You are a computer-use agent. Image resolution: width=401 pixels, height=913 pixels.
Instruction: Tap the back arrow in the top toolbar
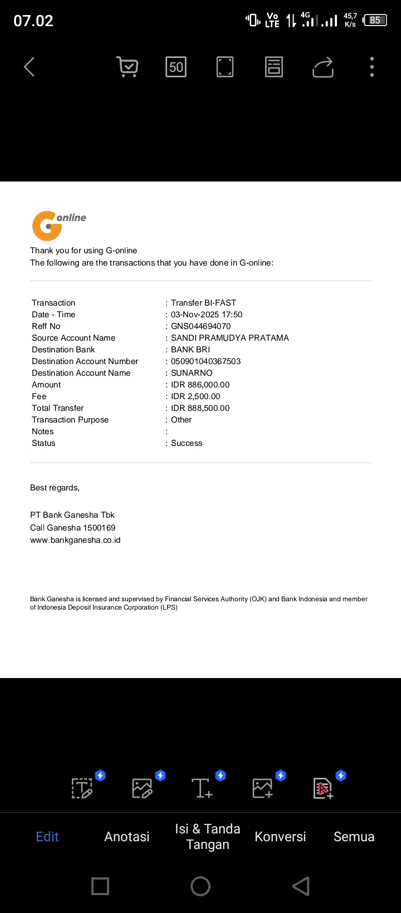pyautogui.click(x=30, y=67)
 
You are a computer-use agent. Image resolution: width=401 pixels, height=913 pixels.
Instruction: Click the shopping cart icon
pyautogui.click(x=128, y=67)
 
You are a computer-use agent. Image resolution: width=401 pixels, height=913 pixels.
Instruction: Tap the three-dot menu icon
pyautogui.click(x=372, y=67)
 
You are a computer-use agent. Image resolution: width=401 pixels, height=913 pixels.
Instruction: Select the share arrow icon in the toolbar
pyautogui.click(x=323, y=67)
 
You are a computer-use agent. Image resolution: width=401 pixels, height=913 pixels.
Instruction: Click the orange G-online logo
pyautogui.click(x=58, y=225)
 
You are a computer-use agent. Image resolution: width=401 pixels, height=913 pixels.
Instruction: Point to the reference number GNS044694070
pyautogui.click(x=200, y=326)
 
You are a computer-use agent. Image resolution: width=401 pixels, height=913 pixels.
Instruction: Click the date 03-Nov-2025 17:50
pyautogui.click(x=207, y=315)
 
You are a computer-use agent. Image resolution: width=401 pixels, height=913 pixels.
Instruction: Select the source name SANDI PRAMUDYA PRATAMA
pyautogui.click(x=229, y=338)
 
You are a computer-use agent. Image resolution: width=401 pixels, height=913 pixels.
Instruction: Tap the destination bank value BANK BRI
pyautogui.click(x=190, y=350)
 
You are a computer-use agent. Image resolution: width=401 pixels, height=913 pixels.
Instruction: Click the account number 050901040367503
pyautogui.click(x=206, y=361)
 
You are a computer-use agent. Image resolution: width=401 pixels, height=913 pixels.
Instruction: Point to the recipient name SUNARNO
pyautogui.click(x=192, y=373)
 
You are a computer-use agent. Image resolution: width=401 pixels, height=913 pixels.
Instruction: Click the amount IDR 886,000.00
pyautogui.click(x=200, y=385)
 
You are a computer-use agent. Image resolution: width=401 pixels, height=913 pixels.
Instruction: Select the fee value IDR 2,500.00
pyautogui.click(x=195, y=396)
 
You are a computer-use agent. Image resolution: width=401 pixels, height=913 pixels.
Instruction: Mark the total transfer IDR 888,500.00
pyautogui.click(x=200, y=408)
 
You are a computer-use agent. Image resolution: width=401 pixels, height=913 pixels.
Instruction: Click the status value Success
pyautogui.click(x=187, y=443)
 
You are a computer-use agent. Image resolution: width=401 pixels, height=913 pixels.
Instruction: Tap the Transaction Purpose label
pyautogui.click(x=70, y=420)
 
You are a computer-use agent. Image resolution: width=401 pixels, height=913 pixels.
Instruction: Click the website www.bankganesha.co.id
pyautogui.click(x=75, y=540)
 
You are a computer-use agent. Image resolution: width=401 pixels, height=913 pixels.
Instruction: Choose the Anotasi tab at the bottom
pyautogui.click(x=127, y=836)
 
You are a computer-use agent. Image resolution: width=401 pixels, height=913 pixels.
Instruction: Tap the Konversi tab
pyautogui.click(x=280, y=836)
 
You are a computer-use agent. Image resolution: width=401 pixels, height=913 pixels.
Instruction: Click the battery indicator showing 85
pyautogui.click(x=375, y=21)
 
